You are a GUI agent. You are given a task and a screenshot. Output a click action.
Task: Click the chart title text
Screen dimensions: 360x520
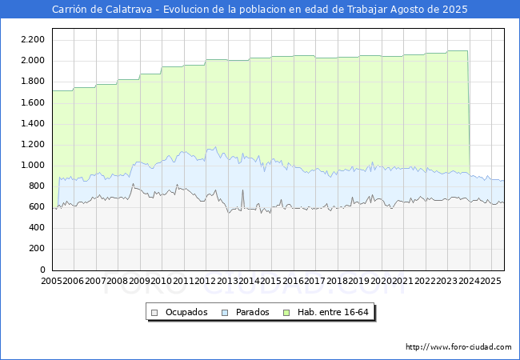pyautogui.click(x=260, y=10)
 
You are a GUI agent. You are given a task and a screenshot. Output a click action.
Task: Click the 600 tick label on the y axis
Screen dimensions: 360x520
pyautogui.click(x=37, y=207)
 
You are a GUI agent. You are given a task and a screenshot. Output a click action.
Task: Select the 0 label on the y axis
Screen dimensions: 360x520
pyautogui.click(x=42, y=270)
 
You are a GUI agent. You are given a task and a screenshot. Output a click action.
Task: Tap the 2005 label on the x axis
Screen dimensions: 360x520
pyautogui.click(x=52, y=281)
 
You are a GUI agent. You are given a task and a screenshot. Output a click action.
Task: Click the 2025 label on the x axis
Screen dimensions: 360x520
pyautogui.click(x=490, y=281)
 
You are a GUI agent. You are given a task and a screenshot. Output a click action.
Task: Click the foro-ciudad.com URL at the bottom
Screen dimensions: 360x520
pyautogui.click(x=458, y=347)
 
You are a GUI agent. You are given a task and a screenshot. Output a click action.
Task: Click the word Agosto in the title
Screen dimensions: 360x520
pyautogui.click(x=402, y=10)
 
